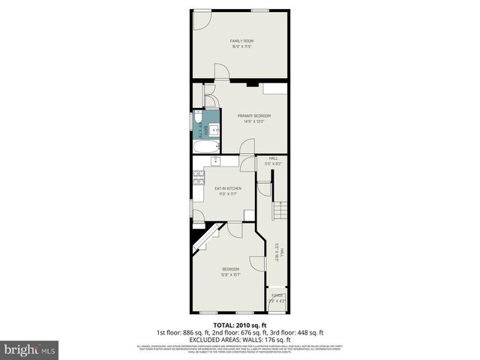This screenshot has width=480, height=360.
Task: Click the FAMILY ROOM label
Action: (240, 40)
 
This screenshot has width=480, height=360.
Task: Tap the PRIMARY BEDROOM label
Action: (253, 115)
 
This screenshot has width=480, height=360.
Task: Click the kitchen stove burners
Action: (199, 177)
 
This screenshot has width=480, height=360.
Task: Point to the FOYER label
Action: (277, 296)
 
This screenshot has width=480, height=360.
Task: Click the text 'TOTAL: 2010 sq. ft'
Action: (240, 325)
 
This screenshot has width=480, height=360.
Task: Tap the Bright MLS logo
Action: (30, 349)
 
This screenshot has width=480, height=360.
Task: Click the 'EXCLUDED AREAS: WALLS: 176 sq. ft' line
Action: (240, 339)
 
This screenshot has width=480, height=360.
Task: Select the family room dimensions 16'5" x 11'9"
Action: (240, 47)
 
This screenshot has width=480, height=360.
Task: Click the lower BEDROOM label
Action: (230, 268)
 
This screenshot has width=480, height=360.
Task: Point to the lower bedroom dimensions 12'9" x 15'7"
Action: (230, 274)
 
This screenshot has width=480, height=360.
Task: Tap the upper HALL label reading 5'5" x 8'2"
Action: (273, 161)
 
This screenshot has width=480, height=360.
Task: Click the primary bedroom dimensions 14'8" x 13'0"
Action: (253, 121)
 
